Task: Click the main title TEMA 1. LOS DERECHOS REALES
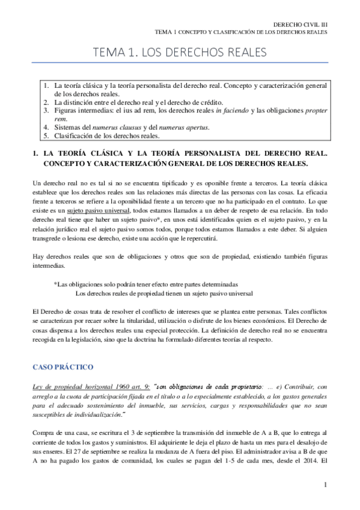(x=180, y=54)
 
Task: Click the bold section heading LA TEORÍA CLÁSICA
(x=90, y=154)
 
